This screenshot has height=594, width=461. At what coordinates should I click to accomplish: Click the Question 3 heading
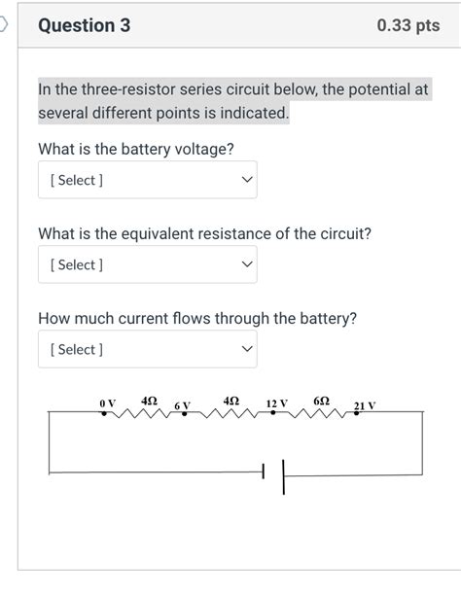tap(84, 25)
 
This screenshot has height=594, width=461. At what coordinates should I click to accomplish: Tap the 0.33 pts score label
tap(408, 25)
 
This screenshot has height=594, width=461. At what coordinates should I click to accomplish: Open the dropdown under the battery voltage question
tap(148, 180)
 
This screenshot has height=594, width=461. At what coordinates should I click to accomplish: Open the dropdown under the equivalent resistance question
tap(148, 264)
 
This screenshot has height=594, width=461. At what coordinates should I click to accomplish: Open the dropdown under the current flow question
tap(148, 349)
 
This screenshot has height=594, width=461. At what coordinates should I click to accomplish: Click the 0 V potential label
tap(107, 402)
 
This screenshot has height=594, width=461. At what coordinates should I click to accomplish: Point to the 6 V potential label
tap(183, 404)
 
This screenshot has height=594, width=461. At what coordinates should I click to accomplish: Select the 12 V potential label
tap(276, 402)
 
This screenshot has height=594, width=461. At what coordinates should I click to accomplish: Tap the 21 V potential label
tap(365, 404)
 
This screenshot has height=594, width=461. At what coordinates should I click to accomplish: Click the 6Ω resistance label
tap(322, 400)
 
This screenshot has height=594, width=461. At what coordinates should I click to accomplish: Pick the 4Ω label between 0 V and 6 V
tap(149, 400)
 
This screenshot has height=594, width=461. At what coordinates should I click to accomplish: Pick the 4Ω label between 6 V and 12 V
tap(230, 400)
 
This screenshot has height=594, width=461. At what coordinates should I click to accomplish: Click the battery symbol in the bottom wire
tap(273, 473)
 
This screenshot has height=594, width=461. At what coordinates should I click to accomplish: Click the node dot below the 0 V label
tap(104, 412)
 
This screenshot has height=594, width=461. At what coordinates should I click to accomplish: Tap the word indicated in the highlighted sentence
tap(256, 114)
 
